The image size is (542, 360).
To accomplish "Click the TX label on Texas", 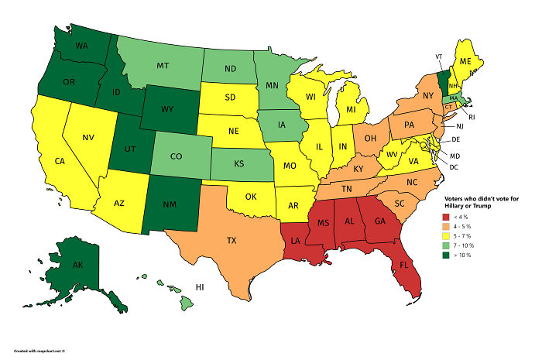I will (x=231, y=241).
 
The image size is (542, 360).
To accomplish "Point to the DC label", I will (x=454, y=166).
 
